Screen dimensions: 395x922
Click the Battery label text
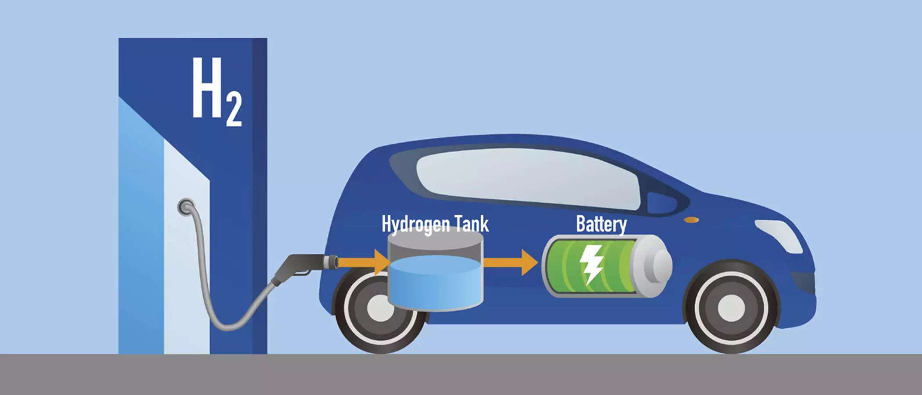(601, 224)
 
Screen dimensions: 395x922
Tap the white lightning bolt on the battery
(591, 263)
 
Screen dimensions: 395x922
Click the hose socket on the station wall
(186, 206)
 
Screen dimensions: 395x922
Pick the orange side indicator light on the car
(691, 220)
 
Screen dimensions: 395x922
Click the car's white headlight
(779, 235)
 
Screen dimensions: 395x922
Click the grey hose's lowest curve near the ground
(228, 327)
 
